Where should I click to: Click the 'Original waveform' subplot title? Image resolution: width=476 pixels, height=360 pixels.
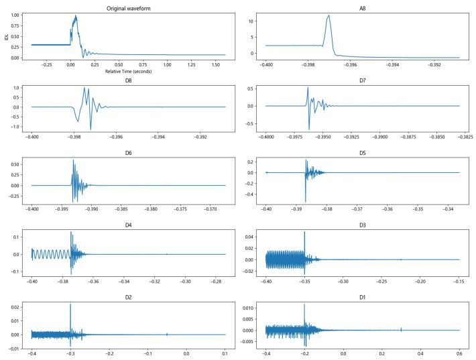(x=128, y=8)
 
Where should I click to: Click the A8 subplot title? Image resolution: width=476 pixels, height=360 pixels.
(x=363, y=8)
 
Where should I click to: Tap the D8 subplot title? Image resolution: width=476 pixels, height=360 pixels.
(x=128, y=80)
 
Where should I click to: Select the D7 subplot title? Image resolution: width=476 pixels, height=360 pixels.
(x=363, y=80)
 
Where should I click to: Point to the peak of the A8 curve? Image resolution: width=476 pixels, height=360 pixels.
(x=329, y=15)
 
